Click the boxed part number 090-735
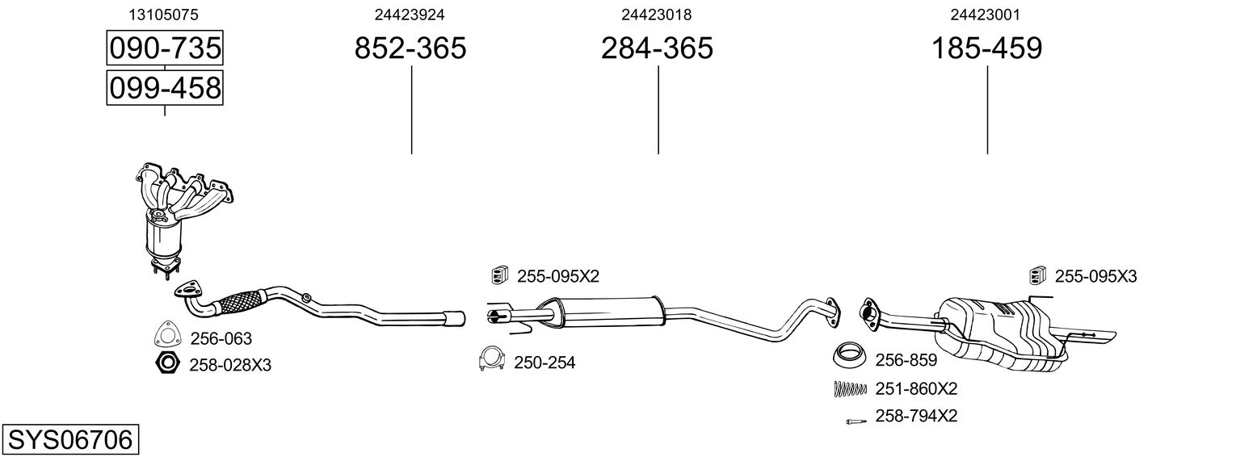point(165,48)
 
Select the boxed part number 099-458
point(165,87)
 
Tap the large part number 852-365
point(410,48)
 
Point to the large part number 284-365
point(657,48)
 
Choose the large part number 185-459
point(987,48)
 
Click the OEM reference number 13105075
point(164,15)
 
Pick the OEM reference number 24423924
point(410,15)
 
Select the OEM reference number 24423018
point(657,15)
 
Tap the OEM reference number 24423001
point(986,15)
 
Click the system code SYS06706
point(69,440)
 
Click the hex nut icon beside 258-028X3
point(167,364)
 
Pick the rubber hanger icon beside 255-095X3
point(1038,276)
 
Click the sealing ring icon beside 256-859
point(848,355)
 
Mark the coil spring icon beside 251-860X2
point(849,389)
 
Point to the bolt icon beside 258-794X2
point(855,420)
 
